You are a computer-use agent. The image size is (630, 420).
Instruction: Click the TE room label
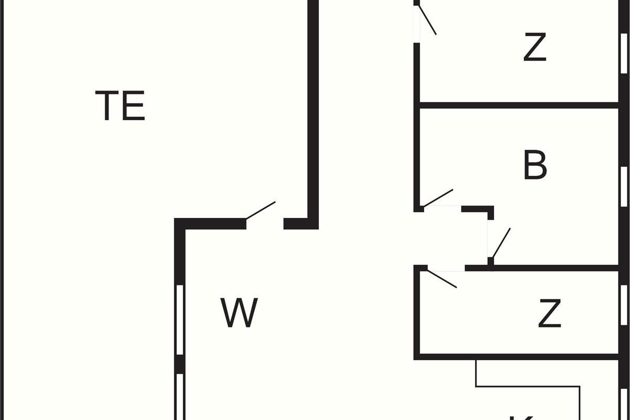(x=120, y=106)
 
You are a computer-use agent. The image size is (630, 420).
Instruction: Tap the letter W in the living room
(x=239, y=313)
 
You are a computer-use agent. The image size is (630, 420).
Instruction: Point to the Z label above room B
(x=535, y=47)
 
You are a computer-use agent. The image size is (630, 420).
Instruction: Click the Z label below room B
(x=550, y=313)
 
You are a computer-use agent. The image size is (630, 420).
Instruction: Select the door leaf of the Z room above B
(x=427, y=20)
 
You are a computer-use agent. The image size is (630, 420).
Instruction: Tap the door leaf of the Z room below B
(x=443, y=279)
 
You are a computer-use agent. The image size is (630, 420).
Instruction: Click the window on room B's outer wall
(x=624, y=186)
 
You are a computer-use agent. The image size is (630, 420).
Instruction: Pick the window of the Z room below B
(x=624, y=304)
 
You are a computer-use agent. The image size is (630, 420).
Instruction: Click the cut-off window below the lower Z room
(x=624, y=404)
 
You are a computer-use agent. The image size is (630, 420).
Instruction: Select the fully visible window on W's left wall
(x=180, y=319)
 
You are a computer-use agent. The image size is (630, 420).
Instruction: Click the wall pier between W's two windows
(x=180, y=363)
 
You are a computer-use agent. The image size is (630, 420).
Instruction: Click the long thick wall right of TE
(x=313, y=105)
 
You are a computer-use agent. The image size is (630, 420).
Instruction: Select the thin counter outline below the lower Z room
(x=528, y=387)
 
